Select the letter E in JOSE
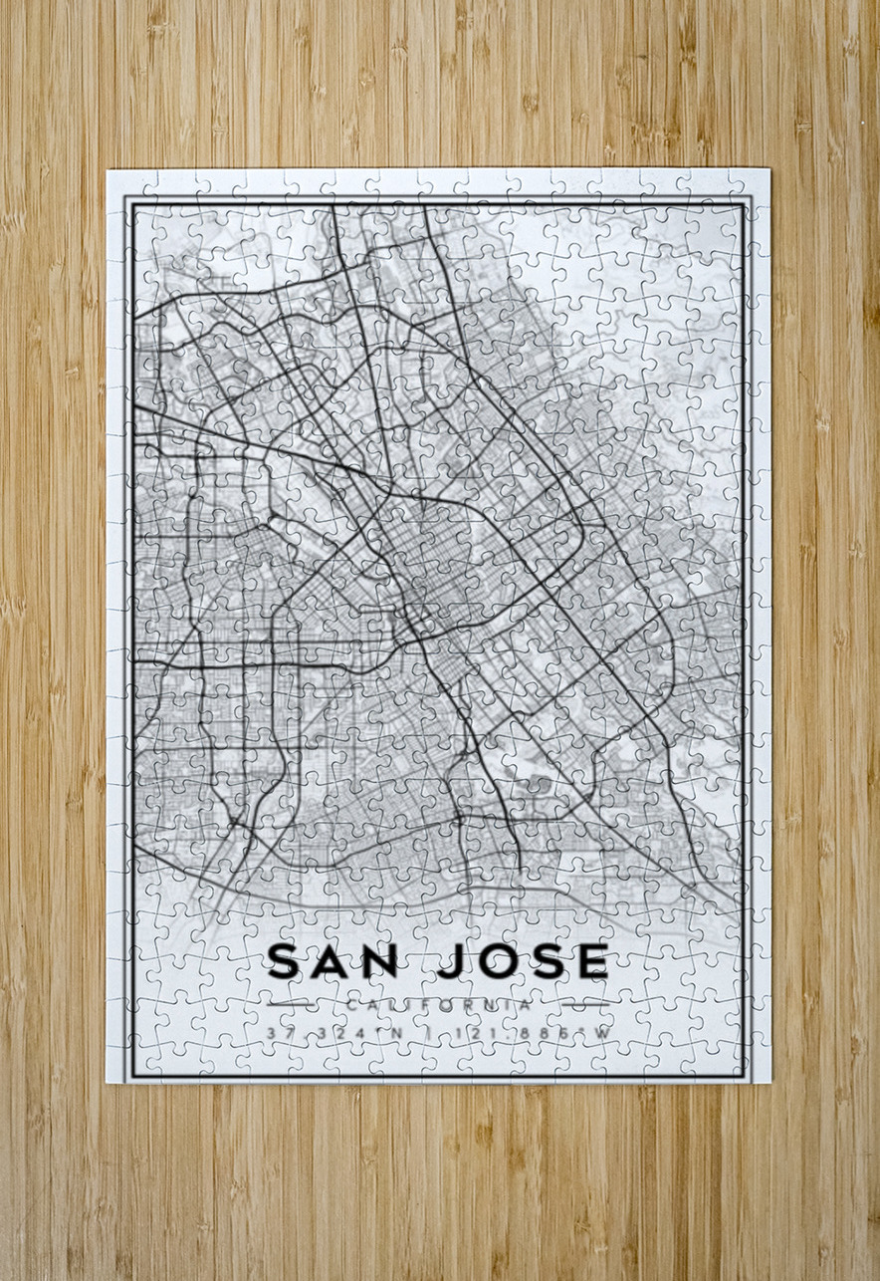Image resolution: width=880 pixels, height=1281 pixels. tap(590, 961)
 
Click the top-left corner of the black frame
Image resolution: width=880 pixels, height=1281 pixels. tap(127, 199)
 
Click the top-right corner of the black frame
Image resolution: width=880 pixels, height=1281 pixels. tap(749, 199)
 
